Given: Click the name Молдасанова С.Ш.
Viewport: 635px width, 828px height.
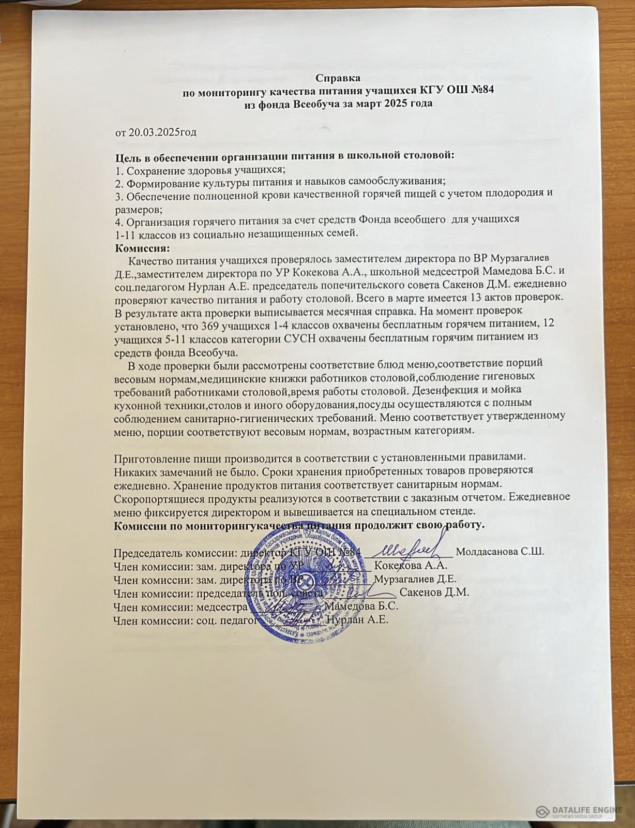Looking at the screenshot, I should [x=500, y=552].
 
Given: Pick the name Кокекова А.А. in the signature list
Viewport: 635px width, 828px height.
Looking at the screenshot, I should [x=411, y=565].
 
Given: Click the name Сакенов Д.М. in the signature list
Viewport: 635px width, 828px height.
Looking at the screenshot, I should [x=434, y=593].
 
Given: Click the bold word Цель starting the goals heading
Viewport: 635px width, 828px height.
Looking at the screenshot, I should [x=126, y=158].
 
